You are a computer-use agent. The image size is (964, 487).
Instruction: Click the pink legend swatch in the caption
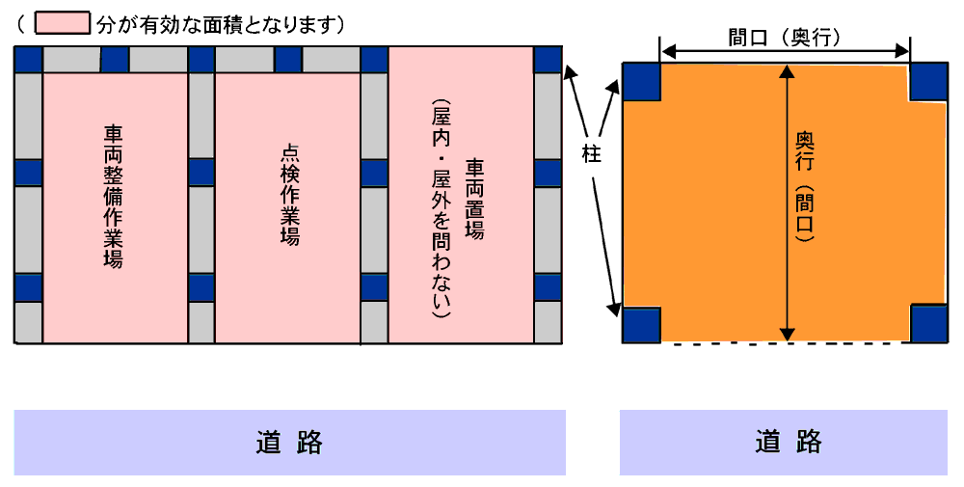[x=62, y=23]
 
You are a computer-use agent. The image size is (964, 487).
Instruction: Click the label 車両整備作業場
[x=113, y=197]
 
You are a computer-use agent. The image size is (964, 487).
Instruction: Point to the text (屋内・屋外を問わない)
[x=441, y=208]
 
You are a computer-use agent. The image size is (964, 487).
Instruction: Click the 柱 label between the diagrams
[x=591, y=153]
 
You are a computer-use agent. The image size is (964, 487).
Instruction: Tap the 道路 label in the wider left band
[x=289, y=442]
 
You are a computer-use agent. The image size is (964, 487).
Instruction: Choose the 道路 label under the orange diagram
[x=789, y=442]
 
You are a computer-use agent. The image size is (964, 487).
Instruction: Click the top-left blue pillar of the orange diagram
[x=641, y=81]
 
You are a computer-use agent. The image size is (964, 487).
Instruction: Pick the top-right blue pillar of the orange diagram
[x=928, y=81]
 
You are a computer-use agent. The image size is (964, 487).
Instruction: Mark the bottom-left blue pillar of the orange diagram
[x=641, y=324]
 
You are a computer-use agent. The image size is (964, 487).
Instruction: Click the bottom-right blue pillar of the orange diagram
[x=928, y=323]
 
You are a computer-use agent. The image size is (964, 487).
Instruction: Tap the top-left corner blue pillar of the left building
[x=28, y=60]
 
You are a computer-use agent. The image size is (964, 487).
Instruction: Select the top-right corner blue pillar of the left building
[x=548, y=60]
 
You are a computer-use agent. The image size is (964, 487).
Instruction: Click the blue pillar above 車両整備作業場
[x=115, y=60]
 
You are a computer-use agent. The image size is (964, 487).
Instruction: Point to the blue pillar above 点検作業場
[x=288, y=60]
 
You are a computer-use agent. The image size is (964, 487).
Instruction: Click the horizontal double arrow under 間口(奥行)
[x=785, y=51]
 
